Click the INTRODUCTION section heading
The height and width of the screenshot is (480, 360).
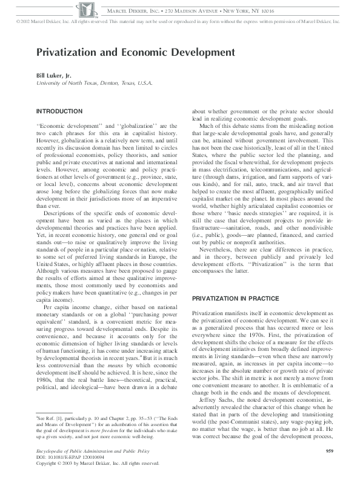point(59,112)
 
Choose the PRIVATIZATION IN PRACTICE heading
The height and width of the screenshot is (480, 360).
point(235,299)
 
